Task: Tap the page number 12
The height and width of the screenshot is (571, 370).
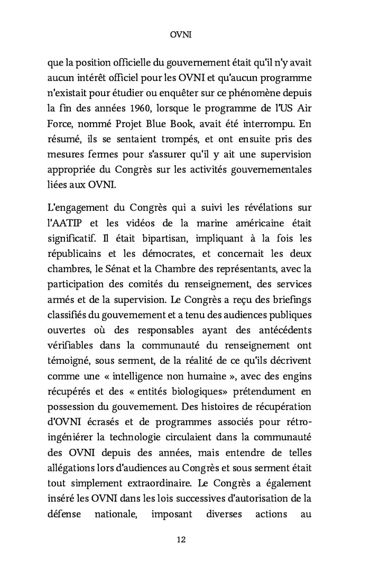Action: pyautogui.click(x=181, y=539)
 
